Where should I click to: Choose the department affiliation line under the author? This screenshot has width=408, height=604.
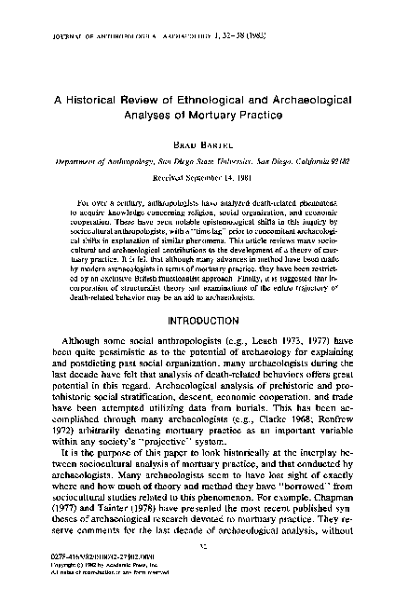point(203,160)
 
